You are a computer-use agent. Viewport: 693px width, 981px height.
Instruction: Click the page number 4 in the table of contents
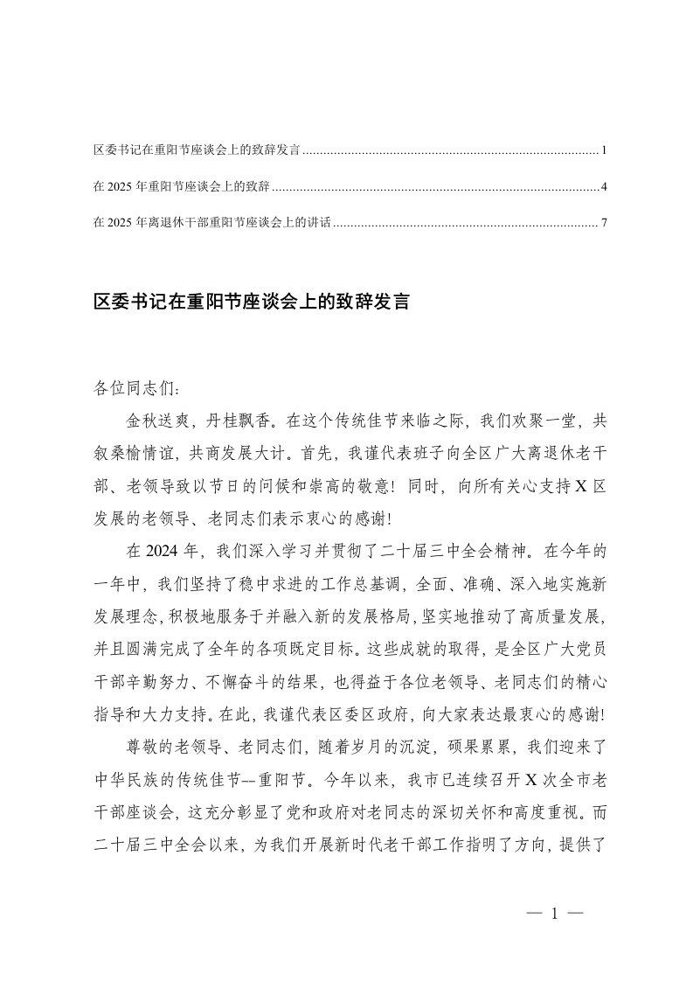tap(604, 187)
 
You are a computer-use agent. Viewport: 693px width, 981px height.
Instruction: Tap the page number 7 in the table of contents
tap(604, 223)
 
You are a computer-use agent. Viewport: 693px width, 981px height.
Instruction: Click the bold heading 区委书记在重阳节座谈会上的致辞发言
tap(251, 303)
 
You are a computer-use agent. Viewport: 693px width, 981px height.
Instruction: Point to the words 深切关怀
tap(464, 813)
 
